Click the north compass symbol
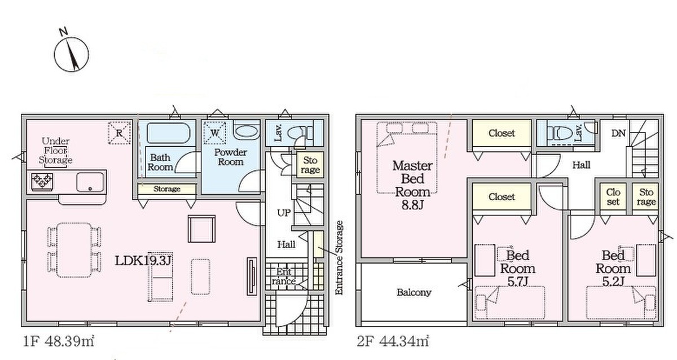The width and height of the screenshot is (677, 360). point(71,54)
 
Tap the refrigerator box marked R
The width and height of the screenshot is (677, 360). point(120,133)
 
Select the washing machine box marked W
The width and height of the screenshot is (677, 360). point(214,133)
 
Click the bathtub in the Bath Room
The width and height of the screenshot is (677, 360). point(168,133)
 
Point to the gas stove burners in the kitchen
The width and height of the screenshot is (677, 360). point(42,182)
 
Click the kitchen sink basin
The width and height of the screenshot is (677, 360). point(90,182)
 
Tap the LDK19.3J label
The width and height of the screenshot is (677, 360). point(143,260)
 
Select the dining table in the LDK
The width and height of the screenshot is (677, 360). point(74,250)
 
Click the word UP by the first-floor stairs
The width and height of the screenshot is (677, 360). point(284,213)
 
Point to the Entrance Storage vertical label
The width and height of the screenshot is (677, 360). point(340,257)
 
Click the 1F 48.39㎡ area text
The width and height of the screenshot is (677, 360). point(59,341)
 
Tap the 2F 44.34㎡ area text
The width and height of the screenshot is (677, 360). point(393,341)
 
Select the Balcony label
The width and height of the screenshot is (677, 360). point(414,292)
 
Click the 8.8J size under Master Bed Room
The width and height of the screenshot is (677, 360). point(412,205)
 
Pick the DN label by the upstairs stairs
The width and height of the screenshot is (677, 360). point(618,133)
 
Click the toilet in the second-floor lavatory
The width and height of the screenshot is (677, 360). point(561,133)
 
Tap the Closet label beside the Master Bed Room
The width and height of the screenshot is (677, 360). point(502,133)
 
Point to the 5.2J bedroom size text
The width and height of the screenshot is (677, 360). point(613,282)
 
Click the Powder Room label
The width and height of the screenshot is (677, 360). point(231,157)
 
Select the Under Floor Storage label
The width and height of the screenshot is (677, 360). point(56,151)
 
